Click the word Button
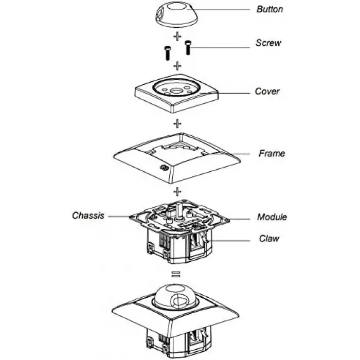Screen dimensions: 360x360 point(269,9)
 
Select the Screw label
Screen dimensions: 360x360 point(268,43)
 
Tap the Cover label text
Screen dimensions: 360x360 point(267,92)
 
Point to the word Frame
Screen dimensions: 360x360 point(272,153)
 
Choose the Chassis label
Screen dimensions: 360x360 point(88,215)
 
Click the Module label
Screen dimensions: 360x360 point(272,217)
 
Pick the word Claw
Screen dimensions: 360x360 point(269,239)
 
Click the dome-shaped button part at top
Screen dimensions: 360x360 point(177,15)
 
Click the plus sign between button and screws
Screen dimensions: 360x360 point(177,37)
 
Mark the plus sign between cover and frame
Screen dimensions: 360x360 point(177,124)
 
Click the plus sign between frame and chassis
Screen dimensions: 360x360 point(177,192)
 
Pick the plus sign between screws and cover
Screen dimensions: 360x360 point(177,66)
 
